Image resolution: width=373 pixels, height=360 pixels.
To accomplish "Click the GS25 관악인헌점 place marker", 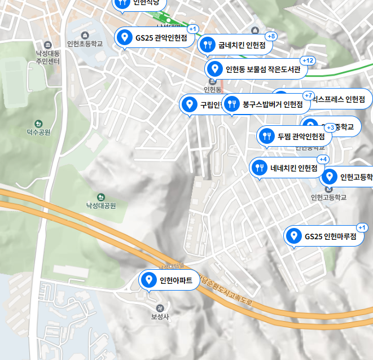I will (152, 38).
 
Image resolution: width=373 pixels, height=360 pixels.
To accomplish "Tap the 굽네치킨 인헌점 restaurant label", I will (235, 45).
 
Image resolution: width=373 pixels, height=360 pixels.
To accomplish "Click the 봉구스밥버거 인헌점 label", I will (265, 104).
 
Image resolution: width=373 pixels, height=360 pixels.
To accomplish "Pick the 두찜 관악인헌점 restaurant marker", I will (294, 136).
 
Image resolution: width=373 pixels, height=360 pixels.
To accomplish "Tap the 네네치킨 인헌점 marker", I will (287, 168).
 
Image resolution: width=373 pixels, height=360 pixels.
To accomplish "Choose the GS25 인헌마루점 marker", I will (324, 236).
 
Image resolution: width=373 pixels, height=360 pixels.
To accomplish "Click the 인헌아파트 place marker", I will (170, 280).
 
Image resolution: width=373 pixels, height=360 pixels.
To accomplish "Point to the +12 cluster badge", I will (308, 60).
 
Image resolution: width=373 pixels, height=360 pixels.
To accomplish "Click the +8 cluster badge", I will (271, 37).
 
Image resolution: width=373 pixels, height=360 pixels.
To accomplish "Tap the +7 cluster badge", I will (308, 95).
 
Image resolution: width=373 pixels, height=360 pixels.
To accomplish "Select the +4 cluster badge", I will (323, 159).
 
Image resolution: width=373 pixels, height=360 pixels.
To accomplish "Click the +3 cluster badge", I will (331, 128).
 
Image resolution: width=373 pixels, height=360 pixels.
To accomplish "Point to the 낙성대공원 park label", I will (100, 206).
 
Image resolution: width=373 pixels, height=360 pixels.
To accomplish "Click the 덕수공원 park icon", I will (38, 124).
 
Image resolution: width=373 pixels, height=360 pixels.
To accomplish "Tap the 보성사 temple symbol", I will (160, 308).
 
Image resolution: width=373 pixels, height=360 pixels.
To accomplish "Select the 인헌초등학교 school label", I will (85, 43).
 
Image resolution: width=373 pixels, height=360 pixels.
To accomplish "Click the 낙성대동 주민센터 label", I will (47, 57).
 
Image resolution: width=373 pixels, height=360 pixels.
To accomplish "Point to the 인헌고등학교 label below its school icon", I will (328, 197).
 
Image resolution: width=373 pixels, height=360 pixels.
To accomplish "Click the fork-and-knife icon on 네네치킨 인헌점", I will (260, 168).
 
